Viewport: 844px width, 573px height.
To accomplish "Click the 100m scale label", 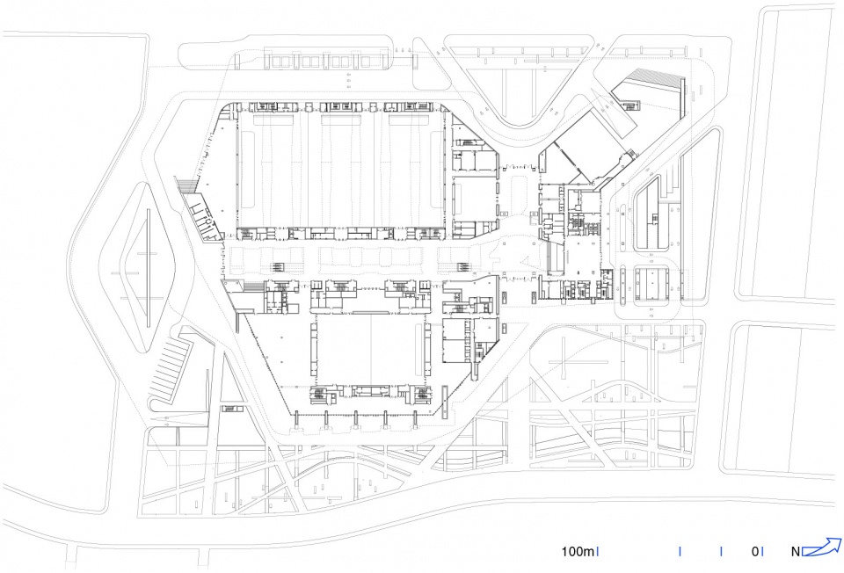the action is [578, 552].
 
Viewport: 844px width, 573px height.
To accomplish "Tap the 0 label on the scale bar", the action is [755, 552].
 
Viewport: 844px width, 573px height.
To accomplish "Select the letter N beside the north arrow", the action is [796, 552].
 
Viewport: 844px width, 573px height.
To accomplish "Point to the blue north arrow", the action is [822, 548].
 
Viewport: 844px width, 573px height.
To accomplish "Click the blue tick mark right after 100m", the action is [598, 552].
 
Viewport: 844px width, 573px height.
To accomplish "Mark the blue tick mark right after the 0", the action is [763, 552].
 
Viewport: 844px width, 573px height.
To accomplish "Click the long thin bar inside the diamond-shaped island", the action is [149, 267].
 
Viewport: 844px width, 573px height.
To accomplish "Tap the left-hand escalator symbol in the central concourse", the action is [277, 267].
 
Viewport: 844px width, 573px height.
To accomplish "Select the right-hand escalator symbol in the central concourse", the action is [463, 267].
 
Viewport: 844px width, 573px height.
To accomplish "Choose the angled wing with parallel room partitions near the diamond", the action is [203, 216].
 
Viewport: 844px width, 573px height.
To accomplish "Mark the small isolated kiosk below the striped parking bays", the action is [232, 409].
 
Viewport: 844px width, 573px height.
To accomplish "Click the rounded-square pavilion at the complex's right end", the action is [651, 284].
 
